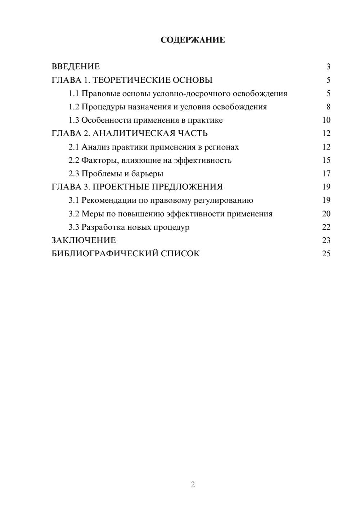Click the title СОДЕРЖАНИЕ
pos(193,40)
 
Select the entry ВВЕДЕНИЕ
pos(76,67)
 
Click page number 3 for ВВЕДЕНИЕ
pos(328,67)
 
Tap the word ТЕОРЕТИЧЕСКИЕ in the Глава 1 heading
pos(130,80)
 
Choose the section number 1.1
pos(74,94)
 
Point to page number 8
pos(328,107)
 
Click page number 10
pos(326,120)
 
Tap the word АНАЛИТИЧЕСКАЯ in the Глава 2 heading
pos(134,134)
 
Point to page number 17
pos(326,174)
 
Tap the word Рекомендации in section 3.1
pos(109,201)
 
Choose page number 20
pos(326,214)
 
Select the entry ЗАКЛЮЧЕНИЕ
pos(84,240)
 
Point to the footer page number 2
pos(193,485)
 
